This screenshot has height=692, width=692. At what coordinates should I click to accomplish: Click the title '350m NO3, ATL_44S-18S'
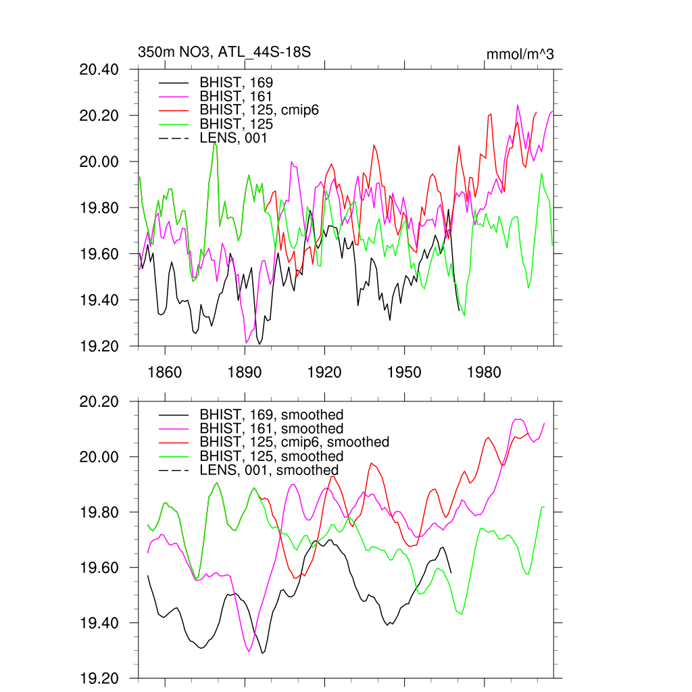[x=224, y=52]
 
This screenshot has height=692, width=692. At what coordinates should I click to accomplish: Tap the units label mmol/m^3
[x=520, y=54]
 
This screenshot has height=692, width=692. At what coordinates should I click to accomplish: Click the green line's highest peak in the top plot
[x=214, y=143]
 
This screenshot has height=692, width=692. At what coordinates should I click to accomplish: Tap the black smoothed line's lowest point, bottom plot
[x=263, y=653]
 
